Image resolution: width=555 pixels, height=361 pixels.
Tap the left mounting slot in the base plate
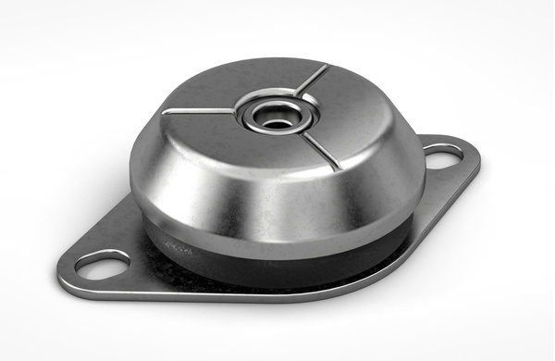94,265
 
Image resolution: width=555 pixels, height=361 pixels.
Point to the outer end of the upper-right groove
327,67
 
